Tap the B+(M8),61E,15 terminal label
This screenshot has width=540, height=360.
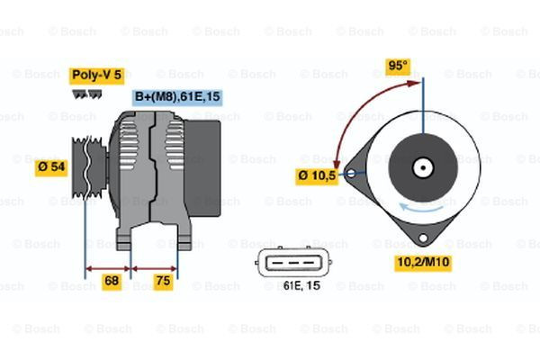click(x=177, y=97)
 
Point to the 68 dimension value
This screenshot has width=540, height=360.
click(x=111, y=282)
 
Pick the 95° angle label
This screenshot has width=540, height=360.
click(x=397, y=67)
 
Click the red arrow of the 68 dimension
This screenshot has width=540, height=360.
click(x=108, y=267)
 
